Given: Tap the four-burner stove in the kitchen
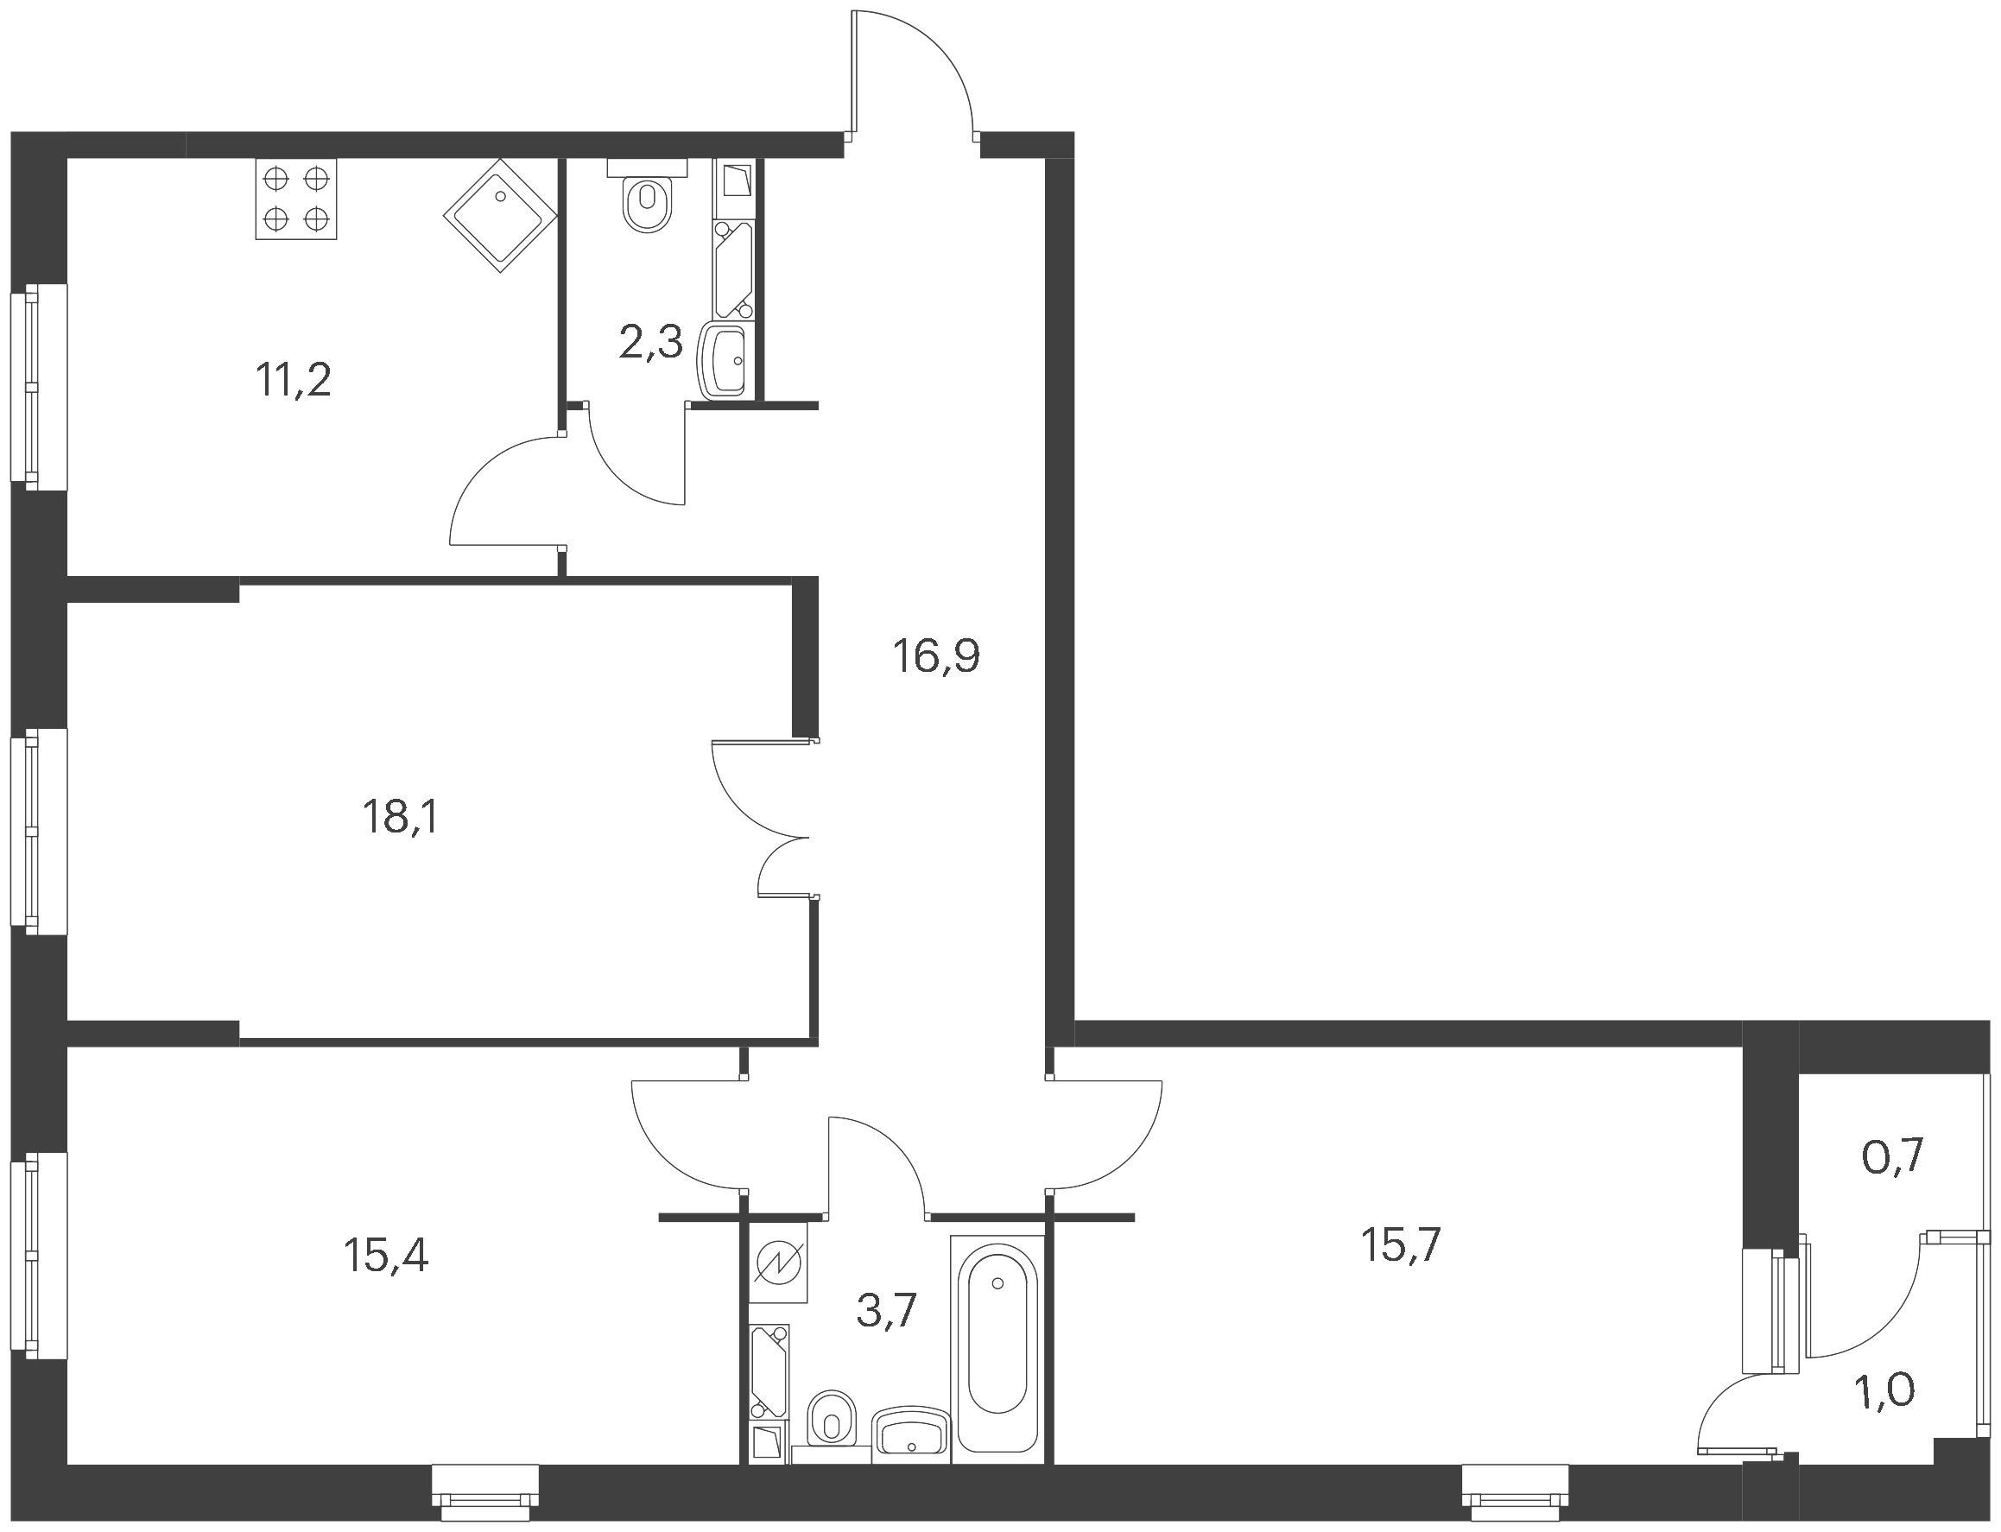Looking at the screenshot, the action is [295, 199].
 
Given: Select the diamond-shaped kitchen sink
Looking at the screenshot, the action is [501, 215].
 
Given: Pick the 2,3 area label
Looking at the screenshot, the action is [650, 343].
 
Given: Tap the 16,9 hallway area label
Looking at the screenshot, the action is [937, 656].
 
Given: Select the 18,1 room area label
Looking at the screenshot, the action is [401, 817].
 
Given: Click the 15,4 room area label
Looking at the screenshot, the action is [386, 1256].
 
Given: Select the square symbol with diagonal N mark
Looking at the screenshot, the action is [782, 1262].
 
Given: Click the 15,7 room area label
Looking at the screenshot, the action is [1401, 1245].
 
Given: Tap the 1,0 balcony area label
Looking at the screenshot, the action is [1884, 1390].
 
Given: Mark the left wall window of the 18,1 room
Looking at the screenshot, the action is [38, 831].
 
